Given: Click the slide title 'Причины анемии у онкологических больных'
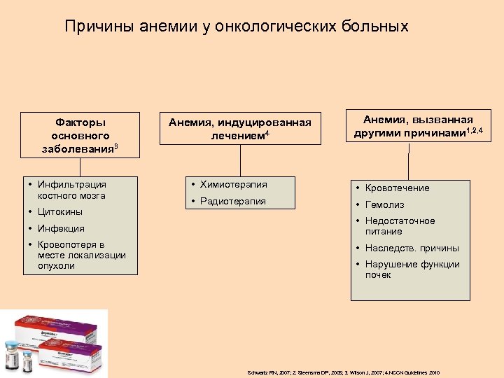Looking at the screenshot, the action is (x=237, y=27).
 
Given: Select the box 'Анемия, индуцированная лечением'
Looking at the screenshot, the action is (x=240, y=128).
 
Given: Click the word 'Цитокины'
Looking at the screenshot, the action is (x=60, y=211).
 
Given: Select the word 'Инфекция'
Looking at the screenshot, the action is (x=61, y=228).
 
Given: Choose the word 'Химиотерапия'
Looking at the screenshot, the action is (x=233, y=185).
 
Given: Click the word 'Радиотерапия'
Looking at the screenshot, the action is (x=232, y=201).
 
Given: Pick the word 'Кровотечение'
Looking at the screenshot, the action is (x=397, y=188).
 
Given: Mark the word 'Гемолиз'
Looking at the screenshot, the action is (x=384, y=204).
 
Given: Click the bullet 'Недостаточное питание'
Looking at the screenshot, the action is (x=400, y=225).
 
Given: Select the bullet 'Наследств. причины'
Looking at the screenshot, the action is (x=412, y=248).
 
